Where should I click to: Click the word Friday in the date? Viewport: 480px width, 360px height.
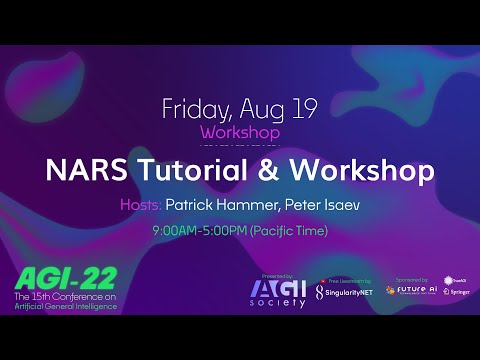(x=195, y=108)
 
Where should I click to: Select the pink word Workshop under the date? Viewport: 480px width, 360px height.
(x=240, y=131)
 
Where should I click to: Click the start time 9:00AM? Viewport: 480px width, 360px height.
(x=175, y=231)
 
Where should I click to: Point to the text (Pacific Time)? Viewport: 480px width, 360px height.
(x=288, y=231)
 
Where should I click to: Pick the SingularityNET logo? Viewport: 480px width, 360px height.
(x=344, y=292)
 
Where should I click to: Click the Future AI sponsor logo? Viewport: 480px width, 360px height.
(x=410, y=290)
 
